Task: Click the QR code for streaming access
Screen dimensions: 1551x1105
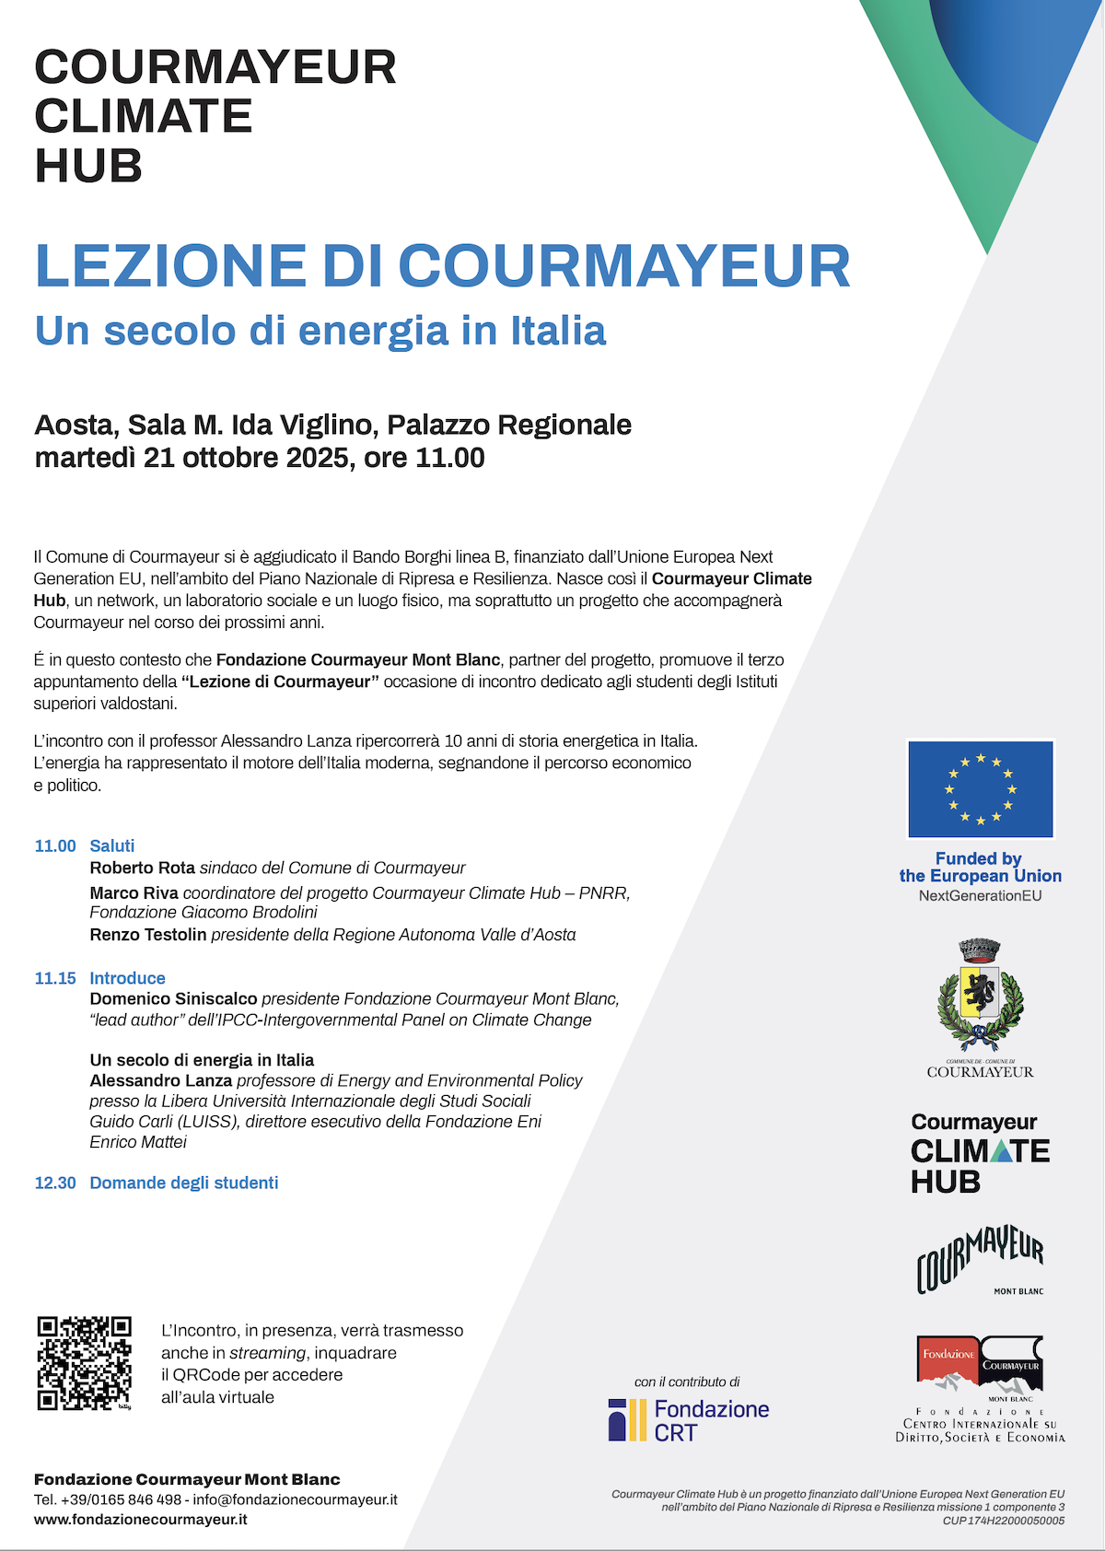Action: tap(84, 1363)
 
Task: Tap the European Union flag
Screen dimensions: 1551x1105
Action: tap(981, 789)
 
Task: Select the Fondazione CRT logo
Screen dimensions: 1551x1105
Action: tap(689, 1420)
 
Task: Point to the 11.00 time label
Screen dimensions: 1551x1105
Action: tap(55, 845)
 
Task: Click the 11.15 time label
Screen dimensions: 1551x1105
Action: tap(55, 978)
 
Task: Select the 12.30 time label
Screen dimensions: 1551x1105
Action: tap(55, 1183)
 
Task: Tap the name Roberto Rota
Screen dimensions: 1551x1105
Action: tap(142, 868)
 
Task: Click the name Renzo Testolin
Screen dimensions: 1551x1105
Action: tap(147, 935)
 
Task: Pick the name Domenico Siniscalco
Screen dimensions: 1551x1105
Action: tap(173, 999)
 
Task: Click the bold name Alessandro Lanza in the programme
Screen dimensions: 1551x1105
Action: tap(160, 1080)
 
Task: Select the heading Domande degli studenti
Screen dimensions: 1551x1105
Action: tap(183, 1183)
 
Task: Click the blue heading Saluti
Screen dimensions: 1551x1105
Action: tap(111, 845)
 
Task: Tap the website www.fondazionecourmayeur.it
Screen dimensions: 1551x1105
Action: tap(141, 1520)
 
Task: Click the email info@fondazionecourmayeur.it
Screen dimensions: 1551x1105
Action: tap(295, 1499)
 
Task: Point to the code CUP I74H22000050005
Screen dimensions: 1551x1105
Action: tap(1003, 1521)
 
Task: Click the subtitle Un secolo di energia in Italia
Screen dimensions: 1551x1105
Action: tap(320, 331)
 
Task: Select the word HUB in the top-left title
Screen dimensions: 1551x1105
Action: tap(88, 167)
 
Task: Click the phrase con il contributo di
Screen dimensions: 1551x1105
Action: tap(687, 1382)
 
